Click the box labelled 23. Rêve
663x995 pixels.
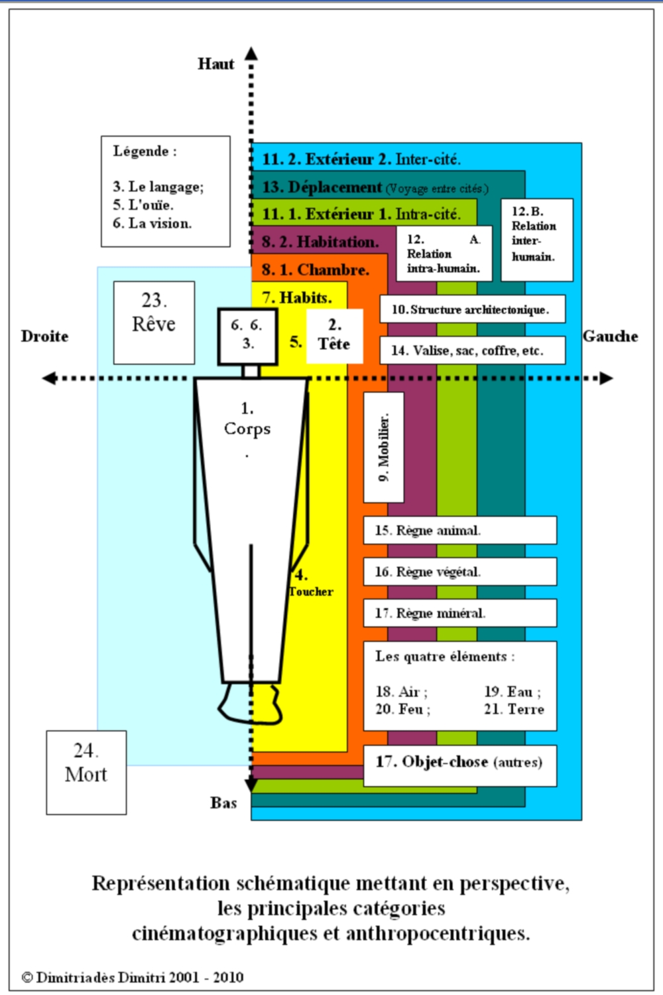coord(154,322)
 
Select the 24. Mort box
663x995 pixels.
coord(86,772)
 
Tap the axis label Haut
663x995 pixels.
coord(215,64)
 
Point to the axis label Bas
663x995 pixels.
coord(223,803)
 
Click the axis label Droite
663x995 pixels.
coord(44,337)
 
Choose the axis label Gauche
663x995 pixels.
coord(610,337)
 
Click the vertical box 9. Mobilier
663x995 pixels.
coord(384,447)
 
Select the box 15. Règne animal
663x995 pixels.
coord(460,530)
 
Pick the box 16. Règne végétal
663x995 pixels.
coord(460,572)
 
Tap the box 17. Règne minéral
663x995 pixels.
coord(460,613)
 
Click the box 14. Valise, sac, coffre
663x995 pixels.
coord(472,350)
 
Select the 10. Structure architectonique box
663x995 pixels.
coord(472,309)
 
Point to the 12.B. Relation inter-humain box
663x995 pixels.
coord(536,240)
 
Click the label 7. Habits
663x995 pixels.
coord(296,297)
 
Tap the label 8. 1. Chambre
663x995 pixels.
coord(315,269)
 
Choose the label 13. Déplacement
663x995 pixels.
coord(322,187)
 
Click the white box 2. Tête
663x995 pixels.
coord(334,336)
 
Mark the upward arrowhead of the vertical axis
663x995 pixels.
coord(251,53)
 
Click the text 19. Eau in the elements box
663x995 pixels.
coord(512,692)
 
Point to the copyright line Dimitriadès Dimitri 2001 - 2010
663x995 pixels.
coord(133,977)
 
